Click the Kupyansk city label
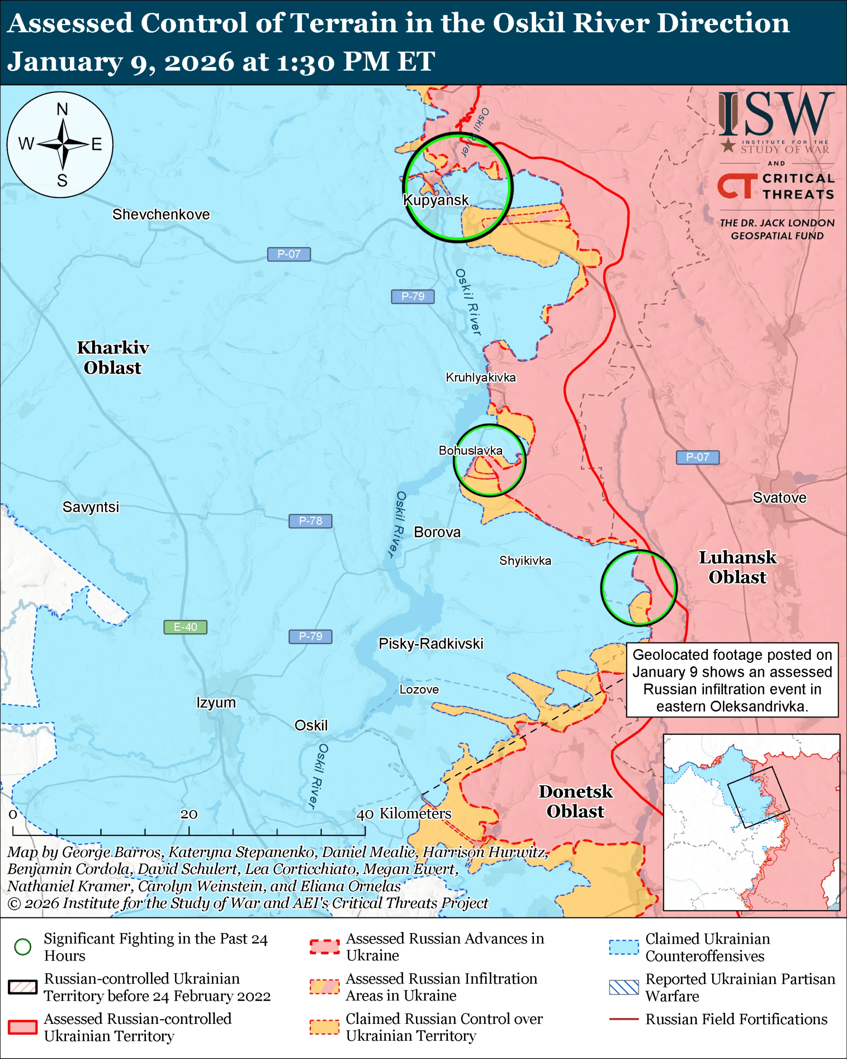click(436, 200)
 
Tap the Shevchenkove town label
click(160, 214)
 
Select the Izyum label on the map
click(216, 702)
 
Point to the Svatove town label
click(779, 498)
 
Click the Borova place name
click(437, 532)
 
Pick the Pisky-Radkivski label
click(431, 643)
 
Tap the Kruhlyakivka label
click(481, 377)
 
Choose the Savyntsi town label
click(91, 507)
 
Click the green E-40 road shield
click(185, 627)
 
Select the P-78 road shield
click(310, 521)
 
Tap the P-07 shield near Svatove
click(697, 457)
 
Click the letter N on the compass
click(62, 109)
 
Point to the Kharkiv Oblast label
click(113, 357)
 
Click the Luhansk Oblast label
click(737, 567)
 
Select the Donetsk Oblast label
click(575, 802)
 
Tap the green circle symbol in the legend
click(23, 946)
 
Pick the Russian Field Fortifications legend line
click(624, 1019)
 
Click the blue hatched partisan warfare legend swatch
click(624, 987)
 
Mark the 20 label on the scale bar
click(189, 815)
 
